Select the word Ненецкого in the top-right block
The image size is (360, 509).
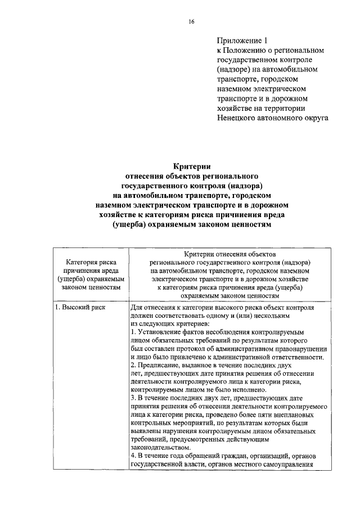(x=238, y=118)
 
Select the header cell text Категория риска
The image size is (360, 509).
(x=91, y=262)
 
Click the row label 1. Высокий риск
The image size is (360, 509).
(x=79, y=308)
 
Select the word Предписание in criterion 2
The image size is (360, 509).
(x=156, y=365)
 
